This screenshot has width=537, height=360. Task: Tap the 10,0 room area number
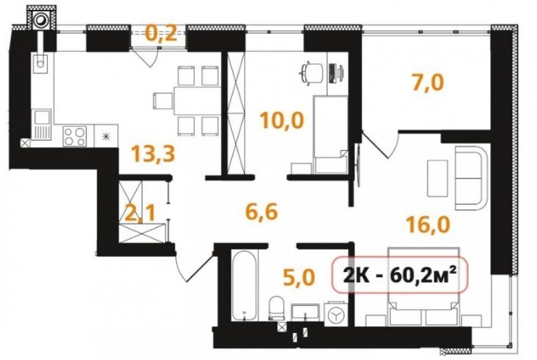282,120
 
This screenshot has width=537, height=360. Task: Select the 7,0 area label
428,83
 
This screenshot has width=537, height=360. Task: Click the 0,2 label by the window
161,33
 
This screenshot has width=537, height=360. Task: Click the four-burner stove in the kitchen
75,136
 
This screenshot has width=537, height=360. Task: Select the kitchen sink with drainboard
41,124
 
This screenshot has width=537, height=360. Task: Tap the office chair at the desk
310,73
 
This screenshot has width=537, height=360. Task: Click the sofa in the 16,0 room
471,178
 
